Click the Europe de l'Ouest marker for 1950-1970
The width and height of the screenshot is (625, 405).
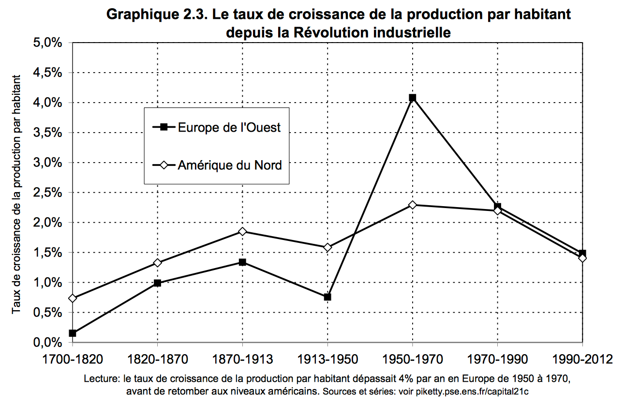click(x=412, y=98)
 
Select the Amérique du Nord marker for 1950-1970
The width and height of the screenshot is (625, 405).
click(x=412, y=205)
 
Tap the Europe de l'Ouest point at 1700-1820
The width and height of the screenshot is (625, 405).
click(x=73, y=333)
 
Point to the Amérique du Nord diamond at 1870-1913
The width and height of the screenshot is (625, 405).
click(x=242, y=232)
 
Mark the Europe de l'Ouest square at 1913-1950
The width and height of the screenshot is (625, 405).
click(x=327, y=297)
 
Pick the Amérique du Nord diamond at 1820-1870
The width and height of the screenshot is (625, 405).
click(x=157, y=263)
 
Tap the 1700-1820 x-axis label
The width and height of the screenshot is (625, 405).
click(x=73, y=360)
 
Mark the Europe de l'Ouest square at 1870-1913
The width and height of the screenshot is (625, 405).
click(x=242, y=262)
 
